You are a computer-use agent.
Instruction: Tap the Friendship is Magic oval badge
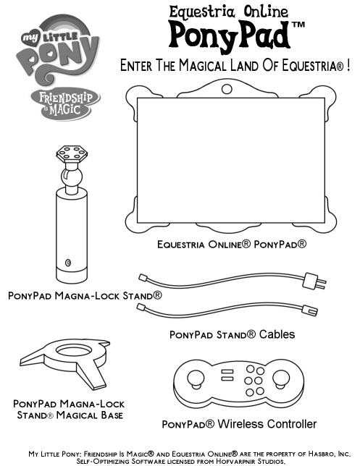coord(65,103)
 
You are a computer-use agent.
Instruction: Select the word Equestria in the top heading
coord(202,12)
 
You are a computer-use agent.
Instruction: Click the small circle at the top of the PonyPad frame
coord(227,88)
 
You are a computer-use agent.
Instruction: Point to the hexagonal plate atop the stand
coord(72,153)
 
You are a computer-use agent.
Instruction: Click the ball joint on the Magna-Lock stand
coord(72,177)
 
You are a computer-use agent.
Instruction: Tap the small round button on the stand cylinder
coord(68,263)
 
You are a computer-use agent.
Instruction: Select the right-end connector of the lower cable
coord(310,310)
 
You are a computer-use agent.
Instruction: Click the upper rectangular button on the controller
coord(227,371)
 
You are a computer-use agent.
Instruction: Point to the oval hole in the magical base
coord(74,350)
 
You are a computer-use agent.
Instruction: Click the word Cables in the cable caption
coord(277,334)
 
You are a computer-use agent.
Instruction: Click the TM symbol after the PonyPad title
coord(298,25)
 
